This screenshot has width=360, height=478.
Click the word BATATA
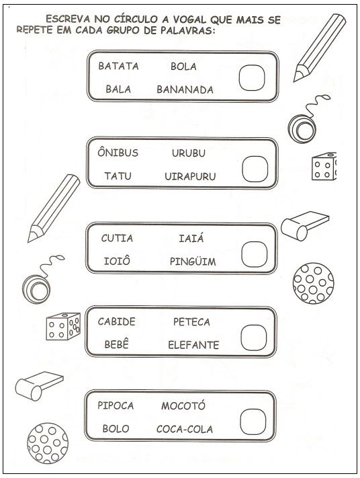point(118,66)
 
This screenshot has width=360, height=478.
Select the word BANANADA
point(185,89)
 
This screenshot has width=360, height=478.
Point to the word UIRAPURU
point(190,176)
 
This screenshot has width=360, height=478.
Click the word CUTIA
point(117,238)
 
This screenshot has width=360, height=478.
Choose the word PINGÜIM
point(193,261)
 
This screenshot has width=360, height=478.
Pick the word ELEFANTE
point(193,345)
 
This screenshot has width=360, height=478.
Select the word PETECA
point(191,321)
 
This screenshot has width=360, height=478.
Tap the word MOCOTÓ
point(183,405)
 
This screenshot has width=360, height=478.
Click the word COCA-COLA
point(185,429)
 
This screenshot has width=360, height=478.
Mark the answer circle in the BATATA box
point(252,77)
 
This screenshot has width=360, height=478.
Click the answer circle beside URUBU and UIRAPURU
point(255,169)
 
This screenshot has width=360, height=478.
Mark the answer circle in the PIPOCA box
point(253,422)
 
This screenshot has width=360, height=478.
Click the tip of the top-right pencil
point(295,81)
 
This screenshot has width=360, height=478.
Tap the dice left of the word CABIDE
point(63,326)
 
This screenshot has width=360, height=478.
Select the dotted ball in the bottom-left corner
point(48,443)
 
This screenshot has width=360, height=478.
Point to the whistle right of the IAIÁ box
point(304,226)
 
